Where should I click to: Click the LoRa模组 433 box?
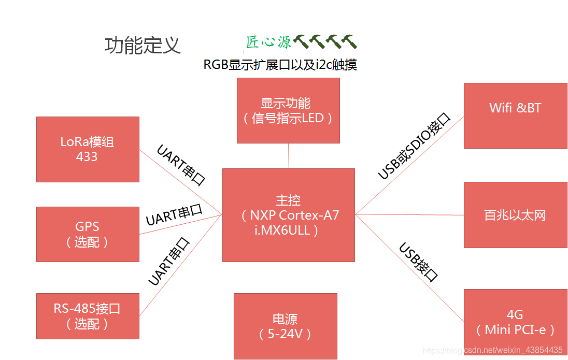pos(88,149)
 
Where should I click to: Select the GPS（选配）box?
pos(88,234)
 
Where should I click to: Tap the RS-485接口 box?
pos(88,316)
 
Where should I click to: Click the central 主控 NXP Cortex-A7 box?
pos(288,215)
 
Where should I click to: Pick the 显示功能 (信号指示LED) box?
pos(288,110)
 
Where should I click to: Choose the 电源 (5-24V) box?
pos(285,326)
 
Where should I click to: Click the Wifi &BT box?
pos(515,116)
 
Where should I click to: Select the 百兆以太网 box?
pos(515,215)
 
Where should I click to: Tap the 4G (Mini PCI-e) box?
pos(515,322)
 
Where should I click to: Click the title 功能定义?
pos(143,46)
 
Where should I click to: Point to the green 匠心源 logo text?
pos(268,42)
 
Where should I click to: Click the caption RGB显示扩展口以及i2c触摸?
pos(280,65)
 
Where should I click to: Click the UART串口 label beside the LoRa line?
pos(181,165)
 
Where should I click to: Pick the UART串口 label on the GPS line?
pos(174,215)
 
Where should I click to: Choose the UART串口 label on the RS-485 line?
pos(169,262)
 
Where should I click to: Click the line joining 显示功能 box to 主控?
pos(289,155)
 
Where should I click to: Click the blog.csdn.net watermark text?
pos(492,350)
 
